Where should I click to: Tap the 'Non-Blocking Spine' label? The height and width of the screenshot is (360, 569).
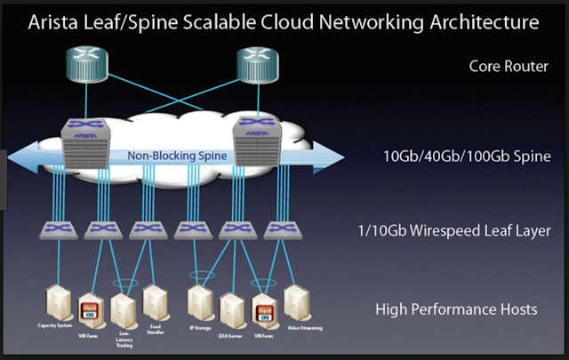176,156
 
